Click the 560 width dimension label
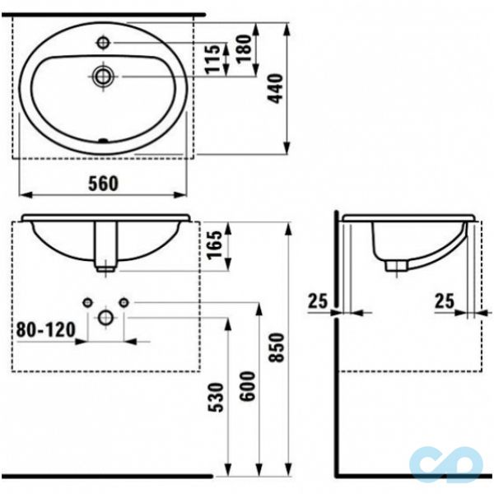click(x=101, y=183)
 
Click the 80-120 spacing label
click(x=46, y=331)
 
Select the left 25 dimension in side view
click(x=318, y=302)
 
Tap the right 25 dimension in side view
click(x=445, y=302)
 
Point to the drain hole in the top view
click(x=103, y=76)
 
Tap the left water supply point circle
click(x=87, y=303)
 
